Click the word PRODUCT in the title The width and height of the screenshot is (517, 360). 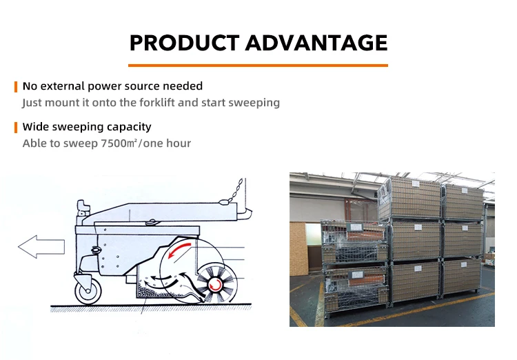[x=184, y=43]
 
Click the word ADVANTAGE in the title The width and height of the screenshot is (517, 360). [x=316, y=43]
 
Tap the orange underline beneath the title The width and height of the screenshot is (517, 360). [x=258, y=66]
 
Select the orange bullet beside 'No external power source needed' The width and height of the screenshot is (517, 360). [x=15, y=87]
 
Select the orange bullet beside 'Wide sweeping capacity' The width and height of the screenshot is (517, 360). [x=15, y=128]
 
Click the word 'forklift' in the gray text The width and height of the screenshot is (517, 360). [x=156, y=102]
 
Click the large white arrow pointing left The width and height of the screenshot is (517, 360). [x=41, y=246]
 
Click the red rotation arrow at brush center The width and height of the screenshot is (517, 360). [x=214, y=284]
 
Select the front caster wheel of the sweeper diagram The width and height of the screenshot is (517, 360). [x=88, y=291]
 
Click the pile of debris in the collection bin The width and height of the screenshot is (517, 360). [x=149, y=290]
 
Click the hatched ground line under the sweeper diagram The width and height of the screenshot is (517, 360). [x=151, y=308]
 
